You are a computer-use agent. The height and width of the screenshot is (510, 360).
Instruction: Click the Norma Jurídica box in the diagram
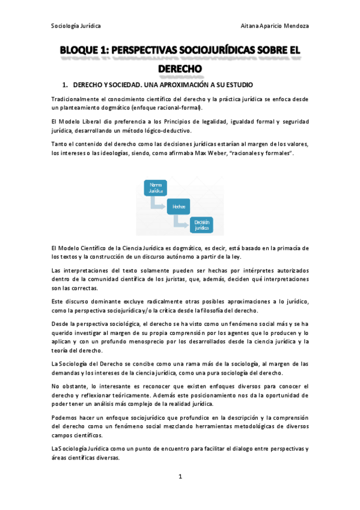click(x=156, y=187)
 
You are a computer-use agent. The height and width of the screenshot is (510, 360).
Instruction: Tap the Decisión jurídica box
click(x=201, y=225)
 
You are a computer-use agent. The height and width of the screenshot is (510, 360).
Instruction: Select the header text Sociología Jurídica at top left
click(x=76, y=26)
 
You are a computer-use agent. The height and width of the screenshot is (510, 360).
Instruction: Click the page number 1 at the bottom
click(x=180, y=477)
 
